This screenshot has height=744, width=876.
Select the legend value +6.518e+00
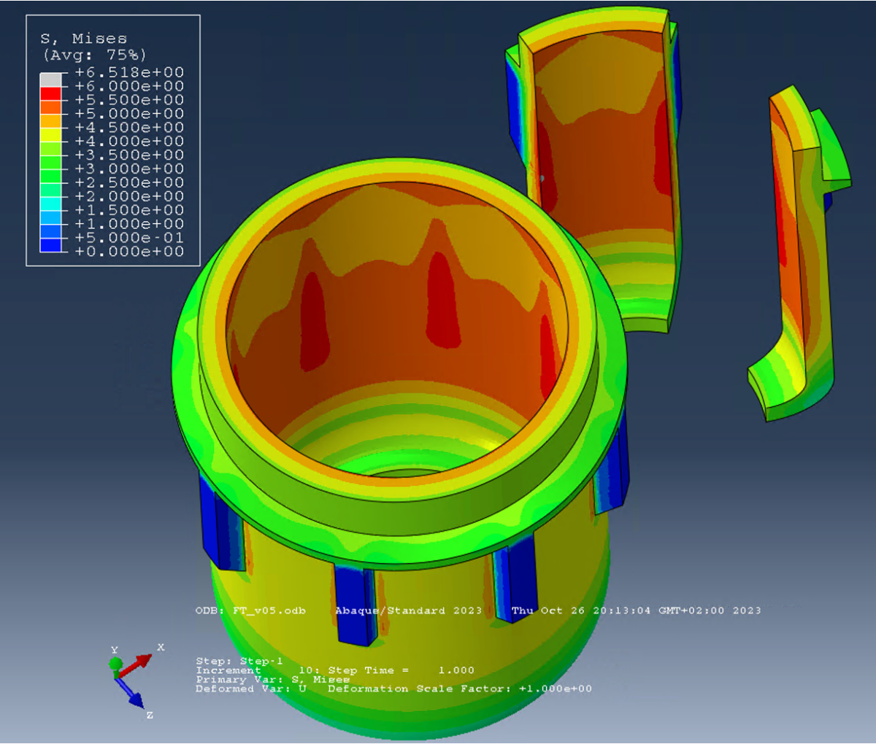[x=129, y=72]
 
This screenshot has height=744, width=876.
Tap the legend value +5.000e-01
[x=129, y=238]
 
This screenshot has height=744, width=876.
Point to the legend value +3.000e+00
[x=129, y=168]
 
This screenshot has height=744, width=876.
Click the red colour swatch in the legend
[x=50, y=93]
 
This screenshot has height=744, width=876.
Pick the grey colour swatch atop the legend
[x=50, y=80]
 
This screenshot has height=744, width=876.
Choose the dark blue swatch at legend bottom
[x=50, y=245]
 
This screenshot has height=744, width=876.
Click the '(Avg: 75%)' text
[x=94, y=55]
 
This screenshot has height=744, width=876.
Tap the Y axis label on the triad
[x=114, y=650]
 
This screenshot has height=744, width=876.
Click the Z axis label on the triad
[x=150, y=716]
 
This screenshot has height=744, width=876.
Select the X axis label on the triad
[x=161, y=647]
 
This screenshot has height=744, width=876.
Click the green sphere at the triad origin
[x=115, y=664]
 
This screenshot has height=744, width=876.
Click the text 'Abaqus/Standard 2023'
[x=408, y=611]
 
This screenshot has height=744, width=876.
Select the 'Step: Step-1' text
[x=239, y=661]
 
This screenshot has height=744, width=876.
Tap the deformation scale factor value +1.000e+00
[x=555, y=689]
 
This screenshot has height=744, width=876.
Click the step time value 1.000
[x=456, y=670]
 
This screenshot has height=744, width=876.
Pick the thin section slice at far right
[x=799, y=255]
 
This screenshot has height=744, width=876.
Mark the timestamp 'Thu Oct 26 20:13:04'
[x=580, y=611]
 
